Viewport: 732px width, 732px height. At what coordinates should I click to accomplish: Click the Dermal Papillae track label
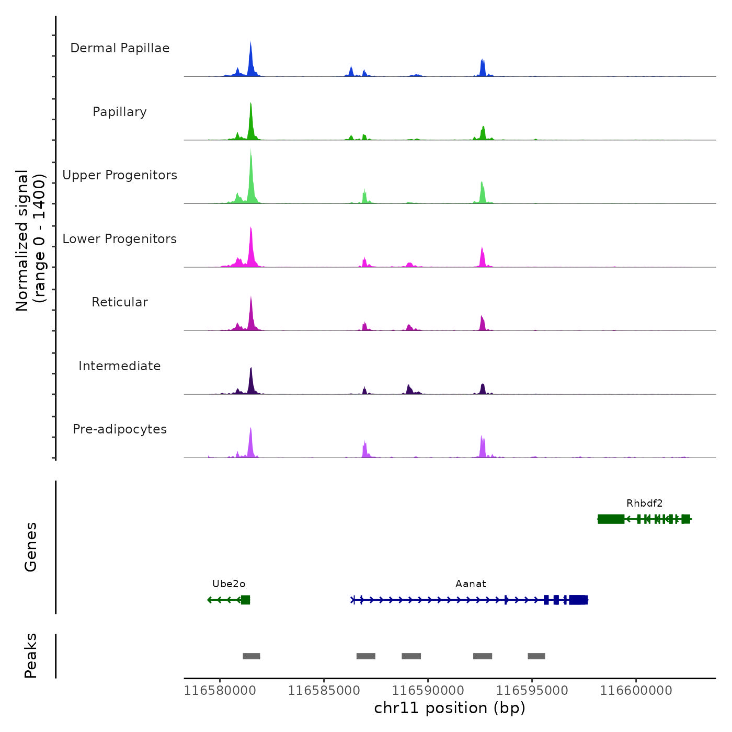pyautogui.click(x=120, y=48)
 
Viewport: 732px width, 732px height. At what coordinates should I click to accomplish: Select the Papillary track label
pyautogui.click(x=120, y=112)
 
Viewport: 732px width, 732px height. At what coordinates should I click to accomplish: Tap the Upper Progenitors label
pyautogui.click(x=120, y=175)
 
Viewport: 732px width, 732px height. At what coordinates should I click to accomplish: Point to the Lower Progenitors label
pyautogui.click(x=120, y=239)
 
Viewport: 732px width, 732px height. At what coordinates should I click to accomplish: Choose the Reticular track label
pyautogui.click(x=120, y=302)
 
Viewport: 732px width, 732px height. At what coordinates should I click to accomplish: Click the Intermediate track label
pyautogui.click(x=120, y=366)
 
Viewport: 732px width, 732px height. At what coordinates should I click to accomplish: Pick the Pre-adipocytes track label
pyautogui.click(x=120, y=429)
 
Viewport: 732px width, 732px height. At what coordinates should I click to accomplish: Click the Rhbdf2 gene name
pyautogui.click(x=644, y=504)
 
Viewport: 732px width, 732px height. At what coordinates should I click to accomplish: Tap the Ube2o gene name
pyautogui.click(x=228, y=584)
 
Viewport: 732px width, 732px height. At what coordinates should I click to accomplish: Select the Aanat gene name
pyautogui.click(x=471, y=584)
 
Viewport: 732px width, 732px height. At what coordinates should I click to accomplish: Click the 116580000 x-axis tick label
pyautogui.click(x=220, y=691)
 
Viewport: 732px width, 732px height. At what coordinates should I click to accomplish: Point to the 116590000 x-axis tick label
pyautogui.click(x=428, y=691)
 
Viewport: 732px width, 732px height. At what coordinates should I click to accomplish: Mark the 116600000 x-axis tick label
pyautogui.click(x=636, y=691)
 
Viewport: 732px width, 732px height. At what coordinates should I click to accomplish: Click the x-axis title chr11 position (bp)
pyautogui.click(x=450, y=708)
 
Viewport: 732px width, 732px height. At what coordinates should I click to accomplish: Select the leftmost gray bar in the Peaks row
pyautogui.click(x=251, y=656)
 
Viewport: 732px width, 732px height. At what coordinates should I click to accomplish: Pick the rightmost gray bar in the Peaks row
pyautogui.click(x=536, y=656)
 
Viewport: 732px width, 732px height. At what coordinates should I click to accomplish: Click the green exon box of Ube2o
pyautogui.click(x=245, y=600)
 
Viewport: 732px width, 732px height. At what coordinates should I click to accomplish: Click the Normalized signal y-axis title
pyautogui.click(x=30, y=241)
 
